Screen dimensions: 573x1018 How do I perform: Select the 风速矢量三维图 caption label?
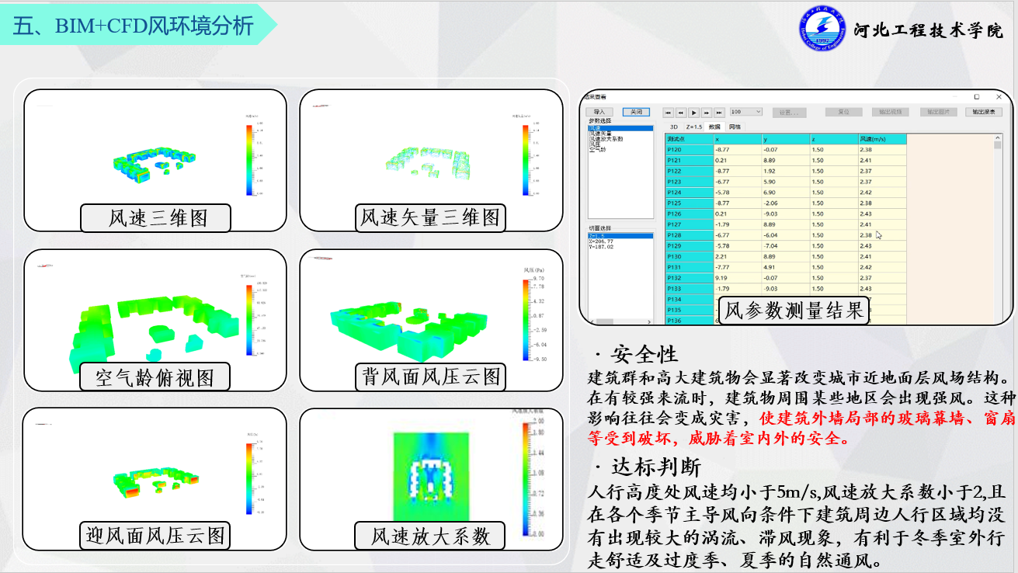click(429, 218)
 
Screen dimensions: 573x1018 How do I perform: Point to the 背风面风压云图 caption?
click(429, 377)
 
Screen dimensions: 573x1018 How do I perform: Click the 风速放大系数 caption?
click(430, 536)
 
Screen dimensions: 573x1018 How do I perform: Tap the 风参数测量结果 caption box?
click(794, 311)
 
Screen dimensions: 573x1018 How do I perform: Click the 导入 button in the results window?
click(599, 112)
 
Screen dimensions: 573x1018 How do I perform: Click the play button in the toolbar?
click(694, 113)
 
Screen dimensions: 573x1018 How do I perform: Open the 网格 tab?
click(735, 127)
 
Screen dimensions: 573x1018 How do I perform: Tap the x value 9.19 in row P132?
click(721, 278)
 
